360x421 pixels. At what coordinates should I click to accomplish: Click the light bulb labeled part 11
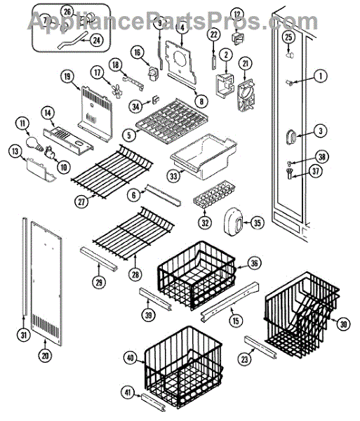pos(34,143)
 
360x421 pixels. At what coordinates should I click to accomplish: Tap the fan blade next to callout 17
pos(116,91)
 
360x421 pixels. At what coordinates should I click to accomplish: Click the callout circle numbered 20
pos(45,355)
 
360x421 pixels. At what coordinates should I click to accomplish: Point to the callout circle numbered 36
pos(254,263)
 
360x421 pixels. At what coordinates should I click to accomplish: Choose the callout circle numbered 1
pos(320,76)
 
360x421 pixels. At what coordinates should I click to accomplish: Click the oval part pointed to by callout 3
pos(291,137)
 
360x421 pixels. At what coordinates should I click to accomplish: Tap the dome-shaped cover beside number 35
pos(233,222)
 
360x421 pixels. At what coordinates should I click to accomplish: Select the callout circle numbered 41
pos(128,393)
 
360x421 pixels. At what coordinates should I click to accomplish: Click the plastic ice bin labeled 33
pos(204,156)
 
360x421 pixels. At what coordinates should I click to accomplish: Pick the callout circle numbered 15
pos(236,321)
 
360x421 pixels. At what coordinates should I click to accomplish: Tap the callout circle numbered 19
pos(67,76)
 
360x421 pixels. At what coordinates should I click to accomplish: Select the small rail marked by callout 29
pos(99,259)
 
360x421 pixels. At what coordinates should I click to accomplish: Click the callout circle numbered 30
pos(343,324)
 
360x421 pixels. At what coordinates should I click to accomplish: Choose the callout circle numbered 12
pos(237,15)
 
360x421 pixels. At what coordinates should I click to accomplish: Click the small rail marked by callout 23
pos(261,347)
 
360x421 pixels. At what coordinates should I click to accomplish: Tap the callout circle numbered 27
pos(81,202)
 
